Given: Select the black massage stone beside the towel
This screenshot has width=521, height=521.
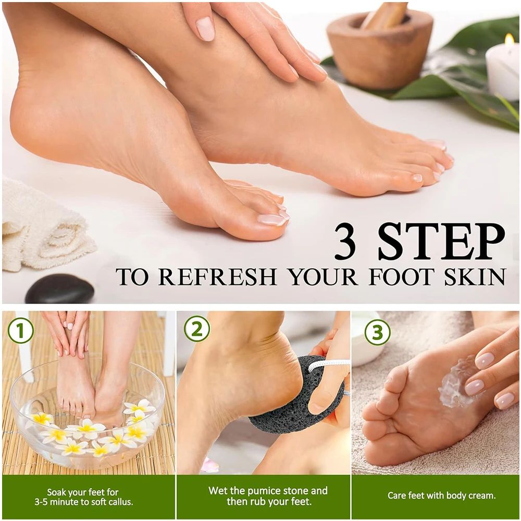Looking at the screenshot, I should pos(59,290).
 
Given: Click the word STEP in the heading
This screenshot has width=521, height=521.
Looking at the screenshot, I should pos(441,241).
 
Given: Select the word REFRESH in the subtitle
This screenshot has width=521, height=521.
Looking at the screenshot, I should pos(217,277).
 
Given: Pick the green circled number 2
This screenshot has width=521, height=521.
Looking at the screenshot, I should pos(197,329).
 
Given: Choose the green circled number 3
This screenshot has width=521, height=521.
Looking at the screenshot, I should pos(377,332).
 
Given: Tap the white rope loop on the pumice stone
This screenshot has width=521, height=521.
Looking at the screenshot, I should pos(328,365).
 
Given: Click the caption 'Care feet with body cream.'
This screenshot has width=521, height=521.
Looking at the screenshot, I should pos(441,495).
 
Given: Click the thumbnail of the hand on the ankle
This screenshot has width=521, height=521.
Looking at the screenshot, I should pos(205,29).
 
